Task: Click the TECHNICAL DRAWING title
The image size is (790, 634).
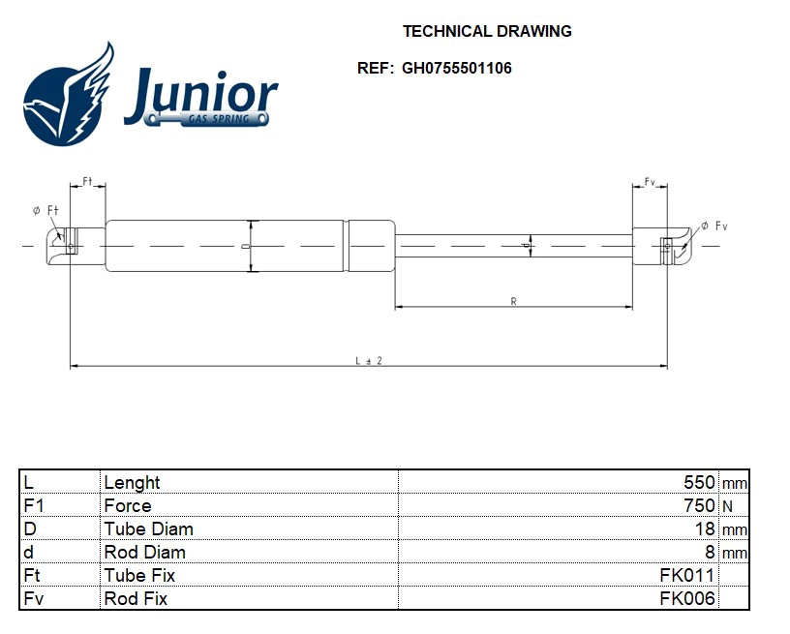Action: click(x=487, y=31)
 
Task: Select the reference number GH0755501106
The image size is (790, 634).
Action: click(x=457, y=69)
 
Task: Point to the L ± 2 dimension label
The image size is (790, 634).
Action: click(x=369, y=360)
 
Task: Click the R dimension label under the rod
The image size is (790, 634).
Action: click(x=513, y=302)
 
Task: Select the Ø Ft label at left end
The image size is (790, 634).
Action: click(x=46, y=210)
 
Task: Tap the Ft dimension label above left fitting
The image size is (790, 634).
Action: click(x=87, y=181)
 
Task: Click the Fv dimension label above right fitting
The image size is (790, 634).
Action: click(x=650, y=182)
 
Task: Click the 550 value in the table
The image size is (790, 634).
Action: click(x=699, y=482)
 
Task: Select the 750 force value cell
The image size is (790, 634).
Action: click(x=699, y=505)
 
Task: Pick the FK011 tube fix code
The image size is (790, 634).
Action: click(x=687, y=575)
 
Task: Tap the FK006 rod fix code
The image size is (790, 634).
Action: click(x=687, y=598)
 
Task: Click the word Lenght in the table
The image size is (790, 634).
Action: click(x=132, y=482)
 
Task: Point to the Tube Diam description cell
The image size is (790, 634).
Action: click(x=148, y=528)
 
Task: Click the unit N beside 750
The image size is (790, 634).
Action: click(x=726, y=505)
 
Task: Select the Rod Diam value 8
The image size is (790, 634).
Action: click(x=710, y=552)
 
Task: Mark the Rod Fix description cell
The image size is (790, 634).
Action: click(x=136, y=598)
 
